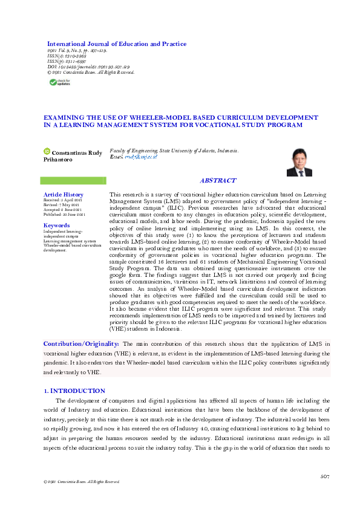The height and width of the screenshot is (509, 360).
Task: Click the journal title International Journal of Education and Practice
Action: pyautogui.click(x=117, y=44)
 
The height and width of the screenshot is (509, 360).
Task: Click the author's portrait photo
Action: pyautogui.click(x=299, y=162)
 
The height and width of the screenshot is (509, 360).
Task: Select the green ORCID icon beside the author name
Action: pyautogui.click(x=46, y=151)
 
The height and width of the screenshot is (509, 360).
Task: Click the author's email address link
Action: pyautogui.click(x=141, y=157)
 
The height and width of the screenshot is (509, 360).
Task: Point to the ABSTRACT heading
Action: pyautogui.click(x=218, y=181)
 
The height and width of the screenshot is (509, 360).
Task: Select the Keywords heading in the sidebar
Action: pyautogui.click(x=57, y=225)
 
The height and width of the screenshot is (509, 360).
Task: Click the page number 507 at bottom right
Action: pyautogui.click(x=325, y=478)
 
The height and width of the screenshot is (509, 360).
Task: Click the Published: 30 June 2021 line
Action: pyautogui.click(x=64, y=215)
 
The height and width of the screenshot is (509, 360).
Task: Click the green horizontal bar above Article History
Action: pyautogui.click(x=73, y=181)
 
